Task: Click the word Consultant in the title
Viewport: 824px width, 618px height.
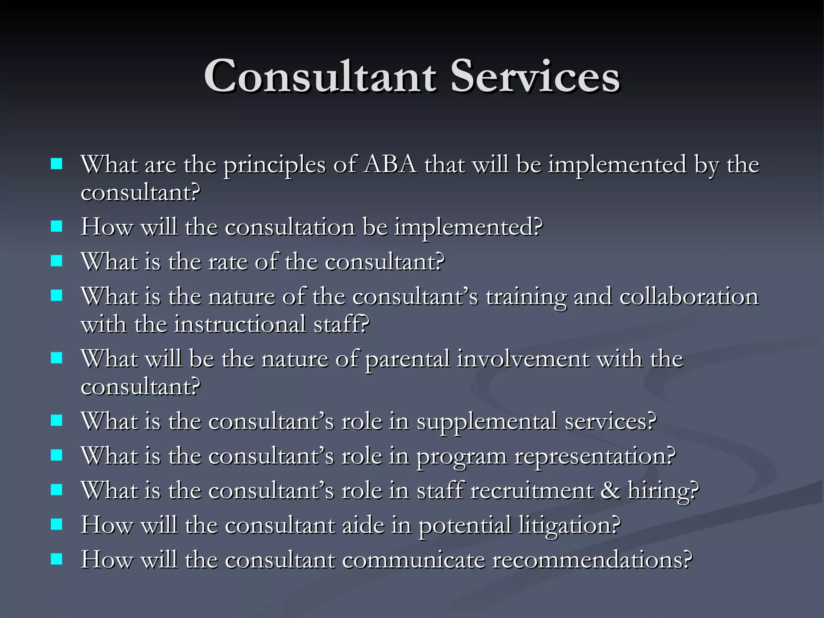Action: tap(320, 76)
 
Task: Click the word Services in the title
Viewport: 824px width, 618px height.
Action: tap(535, 76)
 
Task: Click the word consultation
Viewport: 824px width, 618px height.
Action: tap(290, 227)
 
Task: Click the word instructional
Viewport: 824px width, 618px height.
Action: tap(240, 324)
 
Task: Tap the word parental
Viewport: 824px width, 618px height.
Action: tap(407, 359)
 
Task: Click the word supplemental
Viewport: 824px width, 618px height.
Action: tap(486, 422)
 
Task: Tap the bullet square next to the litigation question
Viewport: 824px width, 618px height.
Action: tap(57, 524)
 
